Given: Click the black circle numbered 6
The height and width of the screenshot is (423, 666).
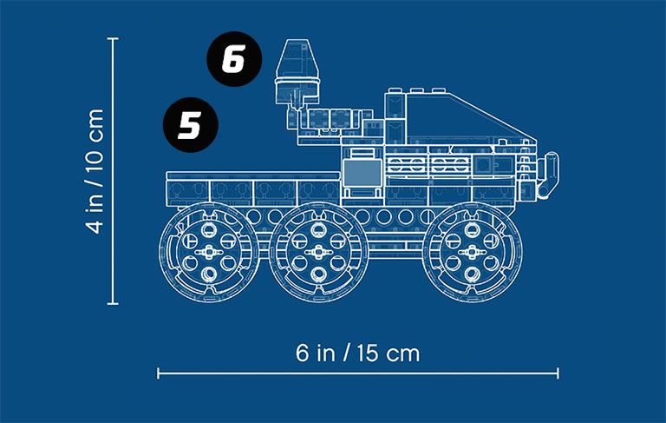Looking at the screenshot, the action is pyautogui.click(x=234, y=59).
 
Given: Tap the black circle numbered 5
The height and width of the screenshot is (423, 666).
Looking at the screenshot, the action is pyautogui.click(x=191, y=125).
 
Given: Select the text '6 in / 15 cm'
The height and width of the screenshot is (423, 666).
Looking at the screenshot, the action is pyautogui.click(x=357, y=354).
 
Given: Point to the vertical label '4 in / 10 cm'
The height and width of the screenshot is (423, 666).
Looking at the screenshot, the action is pyautogui.click(x=95, y=171).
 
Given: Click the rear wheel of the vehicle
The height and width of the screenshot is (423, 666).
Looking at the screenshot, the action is pyautogui.click(x=208, y=253).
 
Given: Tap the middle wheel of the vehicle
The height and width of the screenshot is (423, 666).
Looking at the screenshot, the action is pyautogui.click(x=318, y=253).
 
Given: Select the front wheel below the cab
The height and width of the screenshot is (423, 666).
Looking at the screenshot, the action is pyautogui.click(x=473, y=253).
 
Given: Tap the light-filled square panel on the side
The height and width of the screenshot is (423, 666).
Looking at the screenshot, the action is pyautogui.click(x=362, y=173).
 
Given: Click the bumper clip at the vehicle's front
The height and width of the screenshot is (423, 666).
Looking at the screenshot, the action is pyautogui.click(x=549, y=175).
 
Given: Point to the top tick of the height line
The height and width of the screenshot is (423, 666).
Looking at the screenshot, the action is pyautogui.click(x=113, y=38).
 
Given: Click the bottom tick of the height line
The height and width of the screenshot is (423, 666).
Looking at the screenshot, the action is pyautogui.click(x=113, y=303).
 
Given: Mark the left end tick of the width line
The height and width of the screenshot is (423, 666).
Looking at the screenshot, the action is pyautogui.click(x=158, y=373).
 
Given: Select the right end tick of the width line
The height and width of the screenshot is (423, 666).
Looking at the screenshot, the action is pyautogui.click(x=558, y=373).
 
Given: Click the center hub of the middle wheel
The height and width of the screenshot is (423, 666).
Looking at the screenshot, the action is pyautogui.click(x=318, y=253).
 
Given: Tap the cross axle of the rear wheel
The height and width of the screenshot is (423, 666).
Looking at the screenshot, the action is pyautogui.click(x=208, y=253).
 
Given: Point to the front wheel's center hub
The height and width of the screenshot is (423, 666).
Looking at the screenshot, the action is pyautogui.click(x=473, y=253).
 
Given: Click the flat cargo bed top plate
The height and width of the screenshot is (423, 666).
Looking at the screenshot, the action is pyautogui.click(x=253, y=175).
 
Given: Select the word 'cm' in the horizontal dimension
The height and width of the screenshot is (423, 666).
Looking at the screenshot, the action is pyautogui.click(x=403, y=354).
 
